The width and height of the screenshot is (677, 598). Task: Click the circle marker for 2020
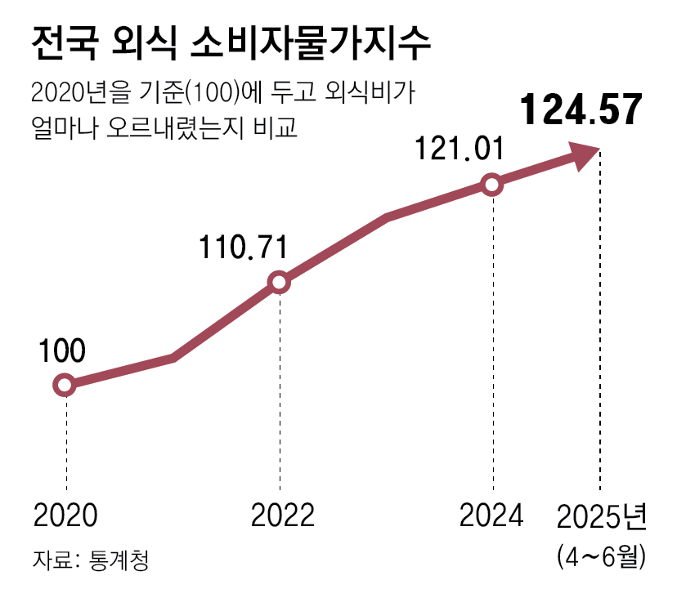(65, 385)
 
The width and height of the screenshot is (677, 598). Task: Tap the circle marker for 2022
(279, 283)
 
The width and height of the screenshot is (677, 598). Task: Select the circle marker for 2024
(491, 185)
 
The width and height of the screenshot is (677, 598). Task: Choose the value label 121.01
(457, 149)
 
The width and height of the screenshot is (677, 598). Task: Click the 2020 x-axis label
(65, 516)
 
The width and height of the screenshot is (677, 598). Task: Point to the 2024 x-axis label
(491, 516)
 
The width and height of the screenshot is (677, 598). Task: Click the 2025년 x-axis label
(603, 516)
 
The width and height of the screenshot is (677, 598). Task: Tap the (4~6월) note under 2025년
(603, 557)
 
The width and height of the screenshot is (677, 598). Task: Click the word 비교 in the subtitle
(281, 128)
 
